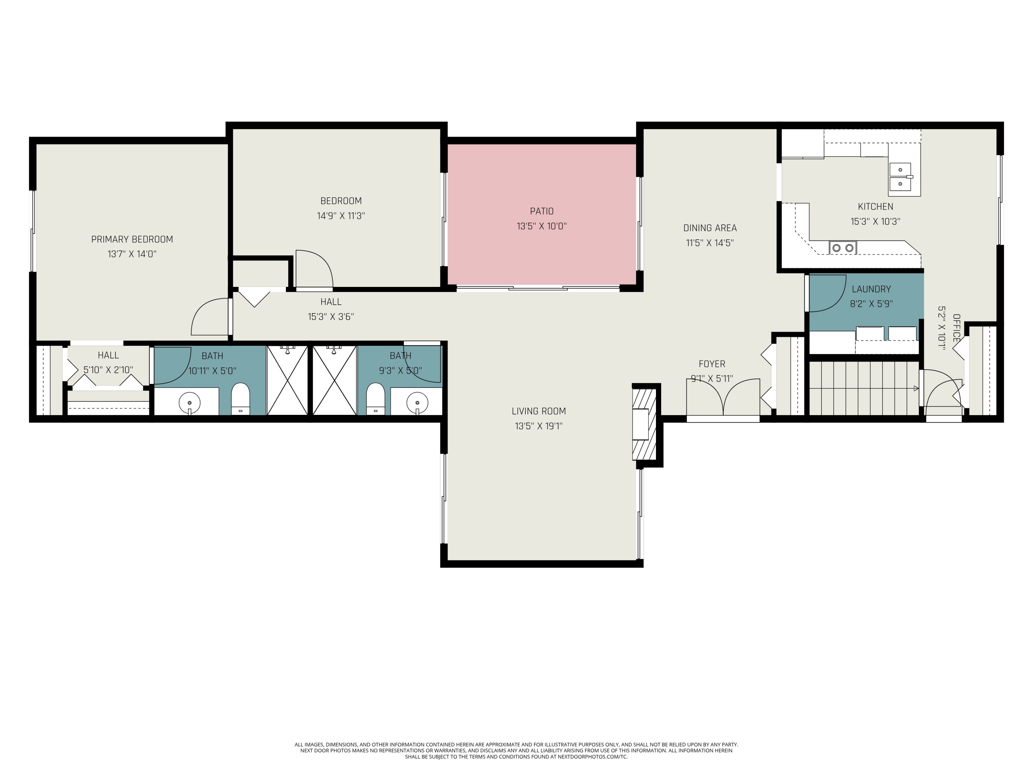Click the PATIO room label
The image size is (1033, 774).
click(x=541, y=211)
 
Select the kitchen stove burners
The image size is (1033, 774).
click(x=843, y=248)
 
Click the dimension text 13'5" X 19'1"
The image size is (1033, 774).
click(x=539, y=426)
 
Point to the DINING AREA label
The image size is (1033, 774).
click(x=709, y=228)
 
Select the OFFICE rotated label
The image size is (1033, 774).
click(x=956, y=328)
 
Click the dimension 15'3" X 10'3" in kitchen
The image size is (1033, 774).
click(x=875, y=222)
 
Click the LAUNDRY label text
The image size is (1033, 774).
click(x=871, y=289)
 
